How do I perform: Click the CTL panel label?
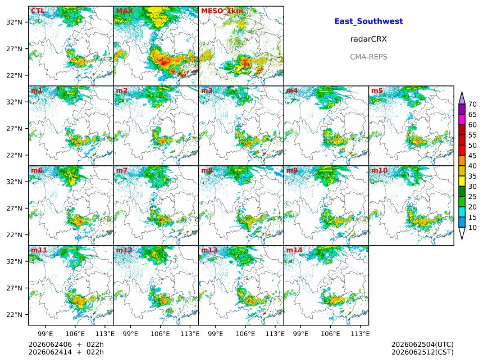[37, 11]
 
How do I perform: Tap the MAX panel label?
[125, 11]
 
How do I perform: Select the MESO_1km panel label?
[222, 11]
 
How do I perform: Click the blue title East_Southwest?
[368, 21]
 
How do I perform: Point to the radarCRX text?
[368, 39]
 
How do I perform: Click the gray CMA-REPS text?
[368, 57]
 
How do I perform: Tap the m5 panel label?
[377, 90]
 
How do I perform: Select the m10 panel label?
[379, 170]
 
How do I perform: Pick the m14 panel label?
[294, 250]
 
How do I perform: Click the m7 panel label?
[122, 170]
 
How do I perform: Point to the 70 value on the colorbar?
[472, 104]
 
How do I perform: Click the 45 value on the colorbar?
[472, 156]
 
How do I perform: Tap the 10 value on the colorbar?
[472, 228]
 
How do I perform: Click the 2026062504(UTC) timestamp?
[422, 345]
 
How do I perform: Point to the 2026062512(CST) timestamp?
[422, 352]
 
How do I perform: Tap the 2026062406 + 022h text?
[66, 345]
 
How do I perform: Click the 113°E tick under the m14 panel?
[361, 333]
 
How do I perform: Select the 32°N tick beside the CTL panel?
[14, 22]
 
